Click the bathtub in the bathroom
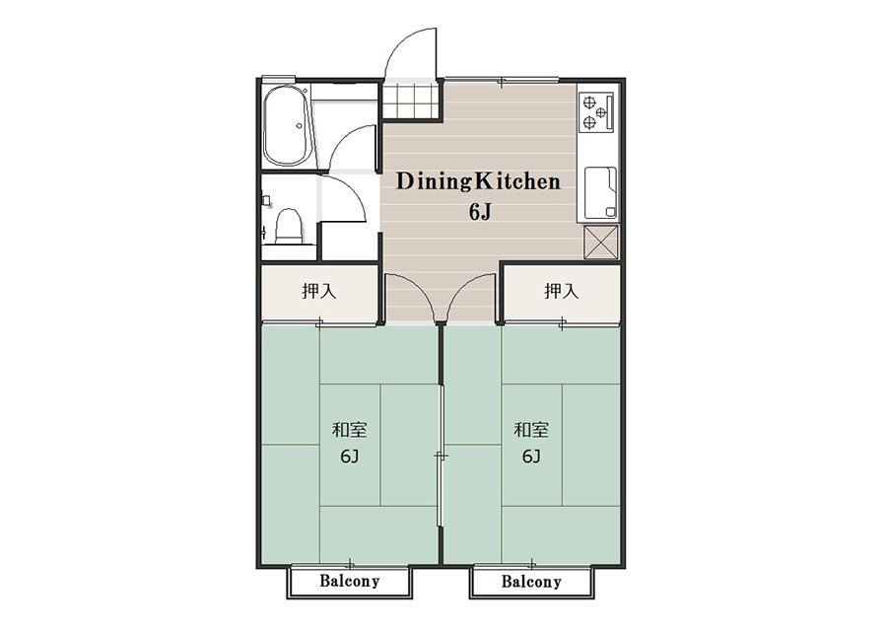pos(286,126)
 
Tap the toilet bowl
pos(289,225)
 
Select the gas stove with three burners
pos(596,112)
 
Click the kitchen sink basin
pos(600,192)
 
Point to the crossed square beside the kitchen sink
pos(600,242)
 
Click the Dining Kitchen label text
pos(478,181)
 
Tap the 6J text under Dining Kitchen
pos(479,212)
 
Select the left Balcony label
pos(349,581)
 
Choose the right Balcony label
pos(531,581)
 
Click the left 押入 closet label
pos(319,291)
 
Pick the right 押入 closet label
pos(561,291)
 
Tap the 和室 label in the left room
pos(349,430)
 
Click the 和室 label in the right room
pos(530,430)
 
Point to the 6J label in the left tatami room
pos(349,456)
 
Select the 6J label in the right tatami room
pos(530,456)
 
